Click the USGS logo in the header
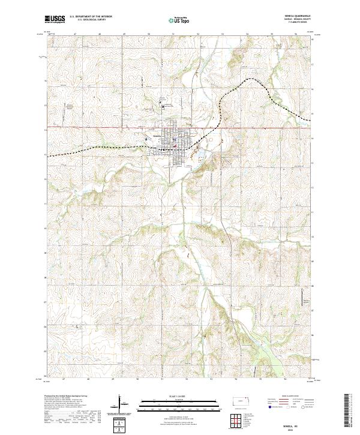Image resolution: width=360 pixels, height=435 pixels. pos(55,20)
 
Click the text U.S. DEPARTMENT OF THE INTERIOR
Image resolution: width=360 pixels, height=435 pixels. pos(91,17)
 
